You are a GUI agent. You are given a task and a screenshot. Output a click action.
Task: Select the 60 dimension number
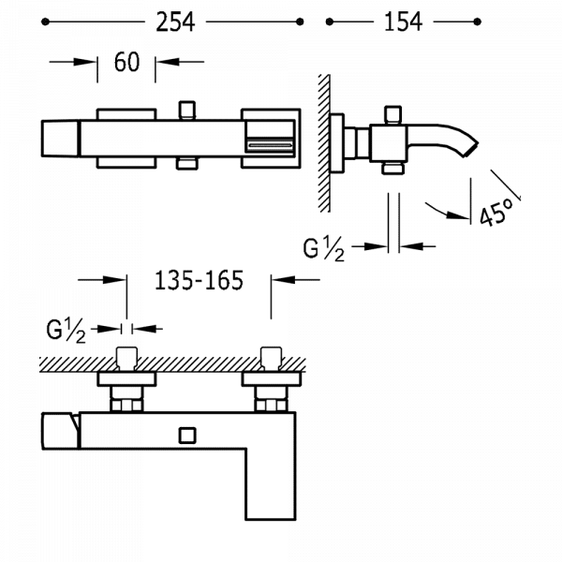point(126,63)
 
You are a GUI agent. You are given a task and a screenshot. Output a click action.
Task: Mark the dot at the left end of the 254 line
point(46,22)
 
